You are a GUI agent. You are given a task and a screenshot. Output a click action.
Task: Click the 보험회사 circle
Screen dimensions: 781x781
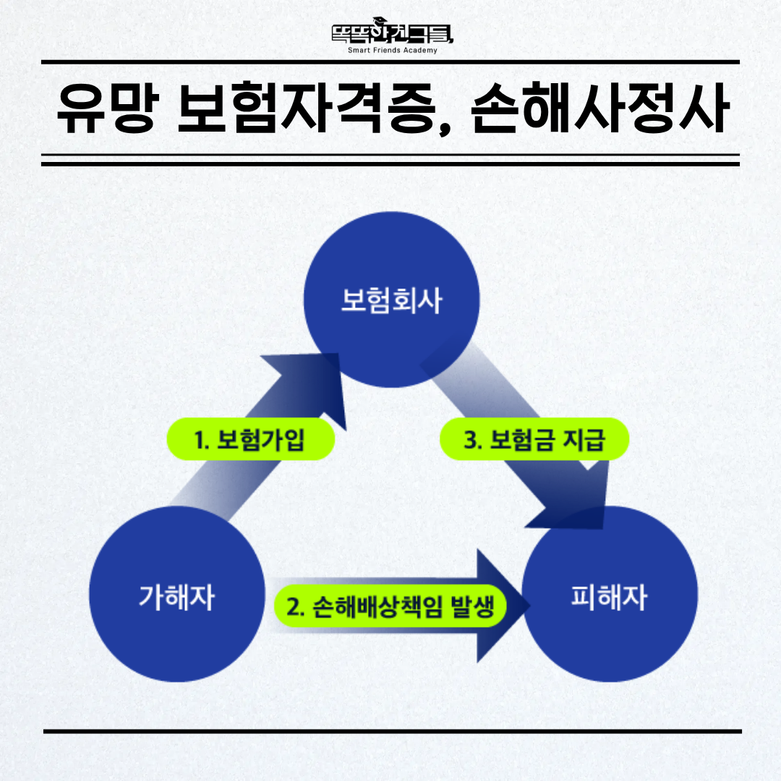391,299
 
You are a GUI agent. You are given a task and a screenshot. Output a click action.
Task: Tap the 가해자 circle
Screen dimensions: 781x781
177,594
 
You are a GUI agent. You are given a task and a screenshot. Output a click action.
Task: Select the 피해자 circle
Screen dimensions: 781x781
610,594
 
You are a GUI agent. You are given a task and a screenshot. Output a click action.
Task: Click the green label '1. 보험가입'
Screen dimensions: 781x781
250,439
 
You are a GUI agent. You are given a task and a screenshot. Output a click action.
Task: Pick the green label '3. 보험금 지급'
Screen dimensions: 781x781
534,439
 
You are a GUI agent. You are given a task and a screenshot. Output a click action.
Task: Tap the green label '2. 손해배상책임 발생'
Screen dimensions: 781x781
390,606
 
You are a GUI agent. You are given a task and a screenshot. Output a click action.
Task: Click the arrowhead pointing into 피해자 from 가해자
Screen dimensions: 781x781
500,606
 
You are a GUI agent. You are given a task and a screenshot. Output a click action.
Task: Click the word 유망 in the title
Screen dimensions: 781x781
108,108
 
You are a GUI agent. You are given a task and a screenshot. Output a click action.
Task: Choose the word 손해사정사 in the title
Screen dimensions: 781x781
600,108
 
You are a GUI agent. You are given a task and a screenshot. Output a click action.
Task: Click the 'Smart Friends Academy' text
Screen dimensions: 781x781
393,51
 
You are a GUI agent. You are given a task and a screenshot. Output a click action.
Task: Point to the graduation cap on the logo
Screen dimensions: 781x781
380,20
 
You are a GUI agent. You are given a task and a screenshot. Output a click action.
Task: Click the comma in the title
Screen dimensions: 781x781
445,127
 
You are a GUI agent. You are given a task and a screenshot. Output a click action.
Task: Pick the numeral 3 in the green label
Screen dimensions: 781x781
470,440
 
